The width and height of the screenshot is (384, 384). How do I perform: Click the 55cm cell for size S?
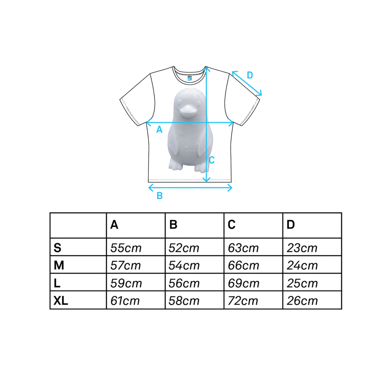[126, 248]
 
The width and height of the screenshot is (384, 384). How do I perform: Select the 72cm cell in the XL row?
[243, 301]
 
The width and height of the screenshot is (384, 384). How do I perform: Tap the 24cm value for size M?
[302, 266]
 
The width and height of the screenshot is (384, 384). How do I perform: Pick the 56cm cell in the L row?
[184, 284]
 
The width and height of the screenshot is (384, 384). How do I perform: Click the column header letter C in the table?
[231, 225]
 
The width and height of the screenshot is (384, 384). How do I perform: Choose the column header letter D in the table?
[290, 225]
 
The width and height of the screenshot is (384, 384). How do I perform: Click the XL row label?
[61, 301]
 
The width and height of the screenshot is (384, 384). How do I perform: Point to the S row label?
[57, 248]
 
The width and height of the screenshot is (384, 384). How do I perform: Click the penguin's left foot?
[175, 165]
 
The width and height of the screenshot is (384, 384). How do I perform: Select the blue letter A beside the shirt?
[159, 130]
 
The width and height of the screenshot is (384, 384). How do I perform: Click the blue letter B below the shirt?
[159, 195]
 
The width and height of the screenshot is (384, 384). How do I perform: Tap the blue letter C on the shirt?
[212, 160]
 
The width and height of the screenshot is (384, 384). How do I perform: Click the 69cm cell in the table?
[243, 284]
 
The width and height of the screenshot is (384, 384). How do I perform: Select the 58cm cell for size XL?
[184, 301]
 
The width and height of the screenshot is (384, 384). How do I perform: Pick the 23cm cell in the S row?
[302, 248]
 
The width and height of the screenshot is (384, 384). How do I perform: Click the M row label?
[59, 266]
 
